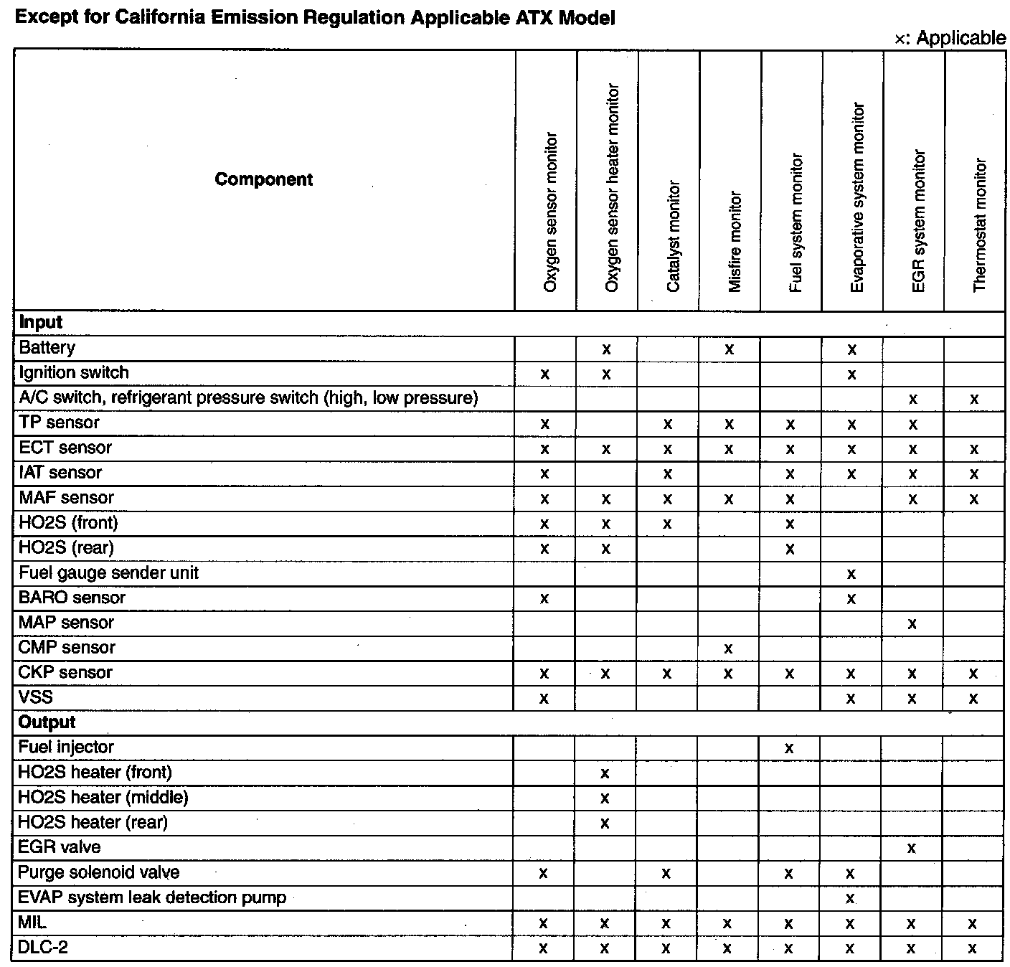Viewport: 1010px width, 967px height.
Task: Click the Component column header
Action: pyautogui.click(x=263, y=179)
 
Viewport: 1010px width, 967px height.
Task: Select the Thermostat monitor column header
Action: pyautogui.click(x=980, y=225)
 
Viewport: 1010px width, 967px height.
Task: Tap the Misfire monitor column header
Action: pyautogui.click(x=735, y=241)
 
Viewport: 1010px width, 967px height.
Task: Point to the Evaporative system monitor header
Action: pyautogui.click(x=857, y=197)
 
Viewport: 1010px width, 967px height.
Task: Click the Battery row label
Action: pyautogui.click(x=47, y=348)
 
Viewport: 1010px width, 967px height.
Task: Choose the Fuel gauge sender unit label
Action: pyautogui.click(x=108, y=572)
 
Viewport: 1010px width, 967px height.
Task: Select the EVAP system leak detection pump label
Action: pyautogui.click(x=152, y=897)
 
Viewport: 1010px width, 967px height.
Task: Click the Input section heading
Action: pyautogui.click(x=41, y=322)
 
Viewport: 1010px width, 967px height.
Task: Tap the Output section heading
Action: pyautogui.click(x=47, y=722)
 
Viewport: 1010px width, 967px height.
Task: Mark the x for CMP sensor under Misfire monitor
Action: pyautogui.click(x=728, y=648)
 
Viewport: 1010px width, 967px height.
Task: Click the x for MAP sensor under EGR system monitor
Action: pyautogui.click(x=912, y=623)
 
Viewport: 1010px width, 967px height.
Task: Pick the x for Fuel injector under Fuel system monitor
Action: pyautogui.click(x=789, y=748)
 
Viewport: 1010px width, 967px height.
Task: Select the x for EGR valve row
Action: pyautogui.click(x=911, y=848)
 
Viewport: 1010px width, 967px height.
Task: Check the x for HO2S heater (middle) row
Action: pyautogui.click(x=605, y=798)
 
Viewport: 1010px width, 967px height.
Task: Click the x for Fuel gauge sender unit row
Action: pyautogui.click(x=851, y=574)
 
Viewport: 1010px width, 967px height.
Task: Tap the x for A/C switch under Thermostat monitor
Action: pyautogui.click(x=973, y=399)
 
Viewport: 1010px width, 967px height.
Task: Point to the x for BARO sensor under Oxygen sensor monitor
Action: pyautogui.click(x=544, y=598)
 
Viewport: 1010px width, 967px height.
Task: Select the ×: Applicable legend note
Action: pyautogui.click(x=950, y=38)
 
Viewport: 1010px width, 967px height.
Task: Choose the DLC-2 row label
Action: pyautogui.click(x=43, y=948)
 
